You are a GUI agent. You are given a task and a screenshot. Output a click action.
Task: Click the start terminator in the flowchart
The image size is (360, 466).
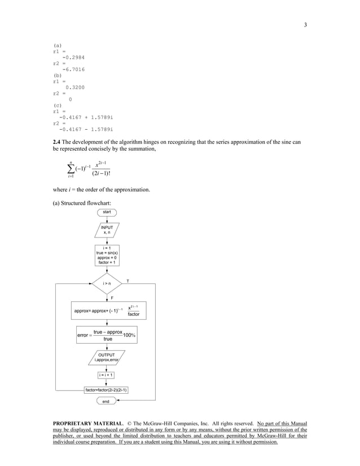(x=107, y=212)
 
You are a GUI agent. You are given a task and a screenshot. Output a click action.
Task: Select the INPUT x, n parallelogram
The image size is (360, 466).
(x=107, y=230)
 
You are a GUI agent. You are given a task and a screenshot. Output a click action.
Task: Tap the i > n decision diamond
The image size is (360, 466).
(x=107, y=283)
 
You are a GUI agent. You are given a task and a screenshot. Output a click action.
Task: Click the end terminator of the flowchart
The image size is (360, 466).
(x=106, y=401)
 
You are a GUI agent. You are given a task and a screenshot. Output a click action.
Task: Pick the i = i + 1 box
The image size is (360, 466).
(x=107, y=375)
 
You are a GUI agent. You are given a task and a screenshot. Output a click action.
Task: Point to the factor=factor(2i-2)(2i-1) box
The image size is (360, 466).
(x=107, y=389)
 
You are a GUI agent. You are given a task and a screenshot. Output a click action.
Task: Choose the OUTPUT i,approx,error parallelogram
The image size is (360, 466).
(x=107, y=357)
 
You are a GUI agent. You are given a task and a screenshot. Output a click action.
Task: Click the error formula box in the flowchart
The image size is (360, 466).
(x=107, y=336)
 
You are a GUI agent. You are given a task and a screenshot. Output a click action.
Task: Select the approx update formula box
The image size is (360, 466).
(x=107, y=310)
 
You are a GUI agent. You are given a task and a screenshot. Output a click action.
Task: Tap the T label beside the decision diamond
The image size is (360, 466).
(x=128, y=280)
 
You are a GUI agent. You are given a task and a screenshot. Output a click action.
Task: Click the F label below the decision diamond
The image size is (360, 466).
(x=112, y=297)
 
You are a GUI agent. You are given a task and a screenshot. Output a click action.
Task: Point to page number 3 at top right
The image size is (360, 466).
(x=305, y=24)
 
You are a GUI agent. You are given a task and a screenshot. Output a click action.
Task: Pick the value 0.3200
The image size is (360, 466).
(x=75, y=87)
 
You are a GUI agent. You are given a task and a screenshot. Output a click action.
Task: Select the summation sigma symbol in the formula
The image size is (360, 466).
(x=71, y=170)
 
